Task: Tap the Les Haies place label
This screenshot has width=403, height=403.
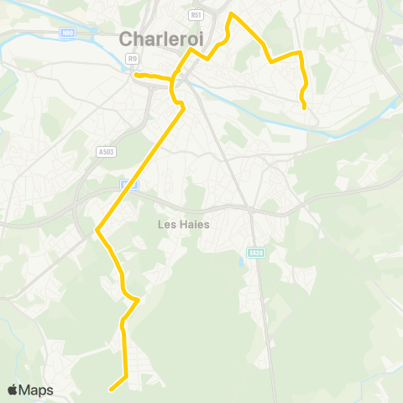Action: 184,224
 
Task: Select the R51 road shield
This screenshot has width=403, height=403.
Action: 196,15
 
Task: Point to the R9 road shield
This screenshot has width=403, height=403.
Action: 133,58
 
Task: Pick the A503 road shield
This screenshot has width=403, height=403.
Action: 105,152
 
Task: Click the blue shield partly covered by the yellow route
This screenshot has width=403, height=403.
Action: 127,184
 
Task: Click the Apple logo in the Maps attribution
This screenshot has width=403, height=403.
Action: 13,390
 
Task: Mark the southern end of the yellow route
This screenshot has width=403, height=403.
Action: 110,389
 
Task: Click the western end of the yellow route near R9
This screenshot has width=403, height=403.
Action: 135,75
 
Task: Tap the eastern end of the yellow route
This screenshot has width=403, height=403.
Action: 304,107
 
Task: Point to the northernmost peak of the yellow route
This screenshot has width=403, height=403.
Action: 232,13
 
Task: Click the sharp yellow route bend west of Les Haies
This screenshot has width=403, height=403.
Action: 98,228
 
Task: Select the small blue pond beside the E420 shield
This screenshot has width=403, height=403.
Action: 242,262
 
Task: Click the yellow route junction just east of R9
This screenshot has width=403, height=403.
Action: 174,81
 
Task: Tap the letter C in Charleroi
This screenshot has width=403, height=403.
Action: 127,38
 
